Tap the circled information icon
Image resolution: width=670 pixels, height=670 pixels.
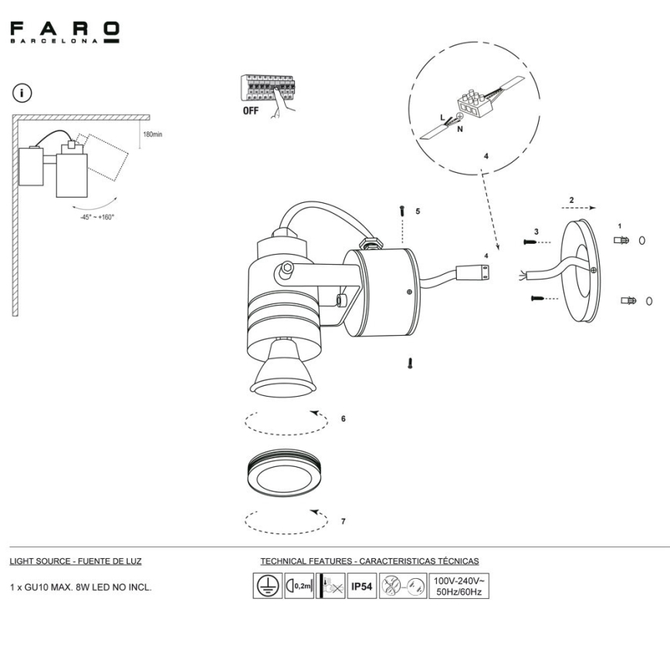pos(25,94)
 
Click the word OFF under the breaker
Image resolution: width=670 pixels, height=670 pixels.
pos(252,111)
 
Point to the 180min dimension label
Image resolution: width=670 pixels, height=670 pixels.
pos(152,134)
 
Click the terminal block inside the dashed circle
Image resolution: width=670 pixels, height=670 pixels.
pos(473,104)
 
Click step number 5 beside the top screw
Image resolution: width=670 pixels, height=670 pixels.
pos(418,211)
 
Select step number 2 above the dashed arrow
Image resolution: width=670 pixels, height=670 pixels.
pos(570,200)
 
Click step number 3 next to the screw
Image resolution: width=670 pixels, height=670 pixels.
pos(536,232)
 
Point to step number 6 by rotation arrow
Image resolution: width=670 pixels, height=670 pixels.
pos(343,419)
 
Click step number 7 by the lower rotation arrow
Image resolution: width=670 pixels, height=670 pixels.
pos(343,522)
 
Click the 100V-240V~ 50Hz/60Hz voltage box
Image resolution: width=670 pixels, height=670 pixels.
pos(458,586)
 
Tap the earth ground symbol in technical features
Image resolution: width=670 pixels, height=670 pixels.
pos(266,587)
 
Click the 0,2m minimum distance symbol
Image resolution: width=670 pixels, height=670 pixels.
pos(299,587)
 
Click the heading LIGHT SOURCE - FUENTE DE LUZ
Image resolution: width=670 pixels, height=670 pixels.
pos(76,561)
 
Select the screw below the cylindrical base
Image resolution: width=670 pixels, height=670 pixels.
pos(410,361)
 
